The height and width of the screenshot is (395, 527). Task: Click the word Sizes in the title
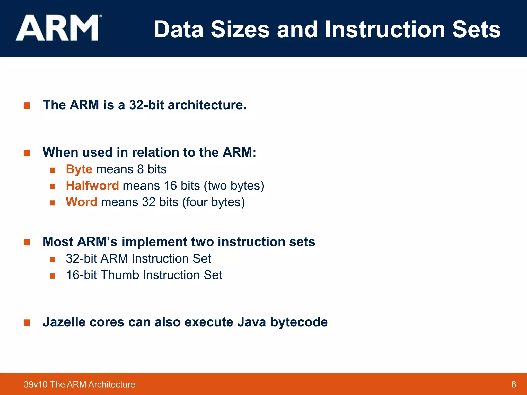(x=240, y=30)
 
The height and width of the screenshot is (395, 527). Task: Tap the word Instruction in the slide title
(x=385, y=30)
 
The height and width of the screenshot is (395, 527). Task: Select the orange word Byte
(x=79, y=169)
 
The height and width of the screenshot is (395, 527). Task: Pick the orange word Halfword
(x=92, y=186)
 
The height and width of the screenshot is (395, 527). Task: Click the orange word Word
(x=81, y=202)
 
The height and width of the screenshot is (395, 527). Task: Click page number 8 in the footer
(x=514, y=384)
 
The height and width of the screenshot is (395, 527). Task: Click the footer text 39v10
(x=36, y=384)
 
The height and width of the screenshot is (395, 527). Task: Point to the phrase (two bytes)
(x=234, y=186)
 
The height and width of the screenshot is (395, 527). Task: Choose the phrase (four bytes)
(x=214, y=202)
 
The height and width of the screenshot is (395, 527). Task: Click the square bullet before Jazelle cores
(x=27, y=322)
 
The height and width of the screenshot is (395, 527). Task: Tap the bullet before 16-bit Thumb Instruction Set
(x=52, y=276)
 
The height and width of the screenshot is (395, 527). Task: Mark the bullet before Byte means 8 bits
(x=52, y=170)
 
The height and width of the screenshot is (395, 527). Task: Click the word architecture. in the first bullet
(x=207, y=105)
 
